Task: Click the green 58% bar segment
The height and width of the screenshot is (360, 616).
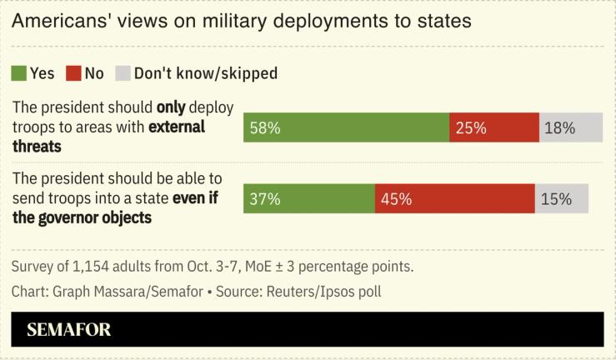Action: click(x=346, y=128)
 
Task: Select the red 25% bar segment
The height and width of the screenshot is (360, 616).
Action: click(x=494, y=128)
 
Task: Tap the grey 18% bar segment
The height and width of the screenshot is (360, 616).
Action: click(x=571, y=128)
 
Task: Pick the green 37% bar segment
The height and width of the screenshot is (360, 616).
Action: click(x=309, y=199)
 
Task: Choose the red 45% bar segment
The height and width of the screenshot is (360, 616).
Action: click(x=454, y=199)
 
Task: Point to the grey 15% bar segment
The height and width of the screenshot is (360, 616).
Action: click(x=562, y=199)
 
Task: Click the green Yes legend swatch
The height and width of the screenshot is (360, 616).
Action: click(x=18, y=73)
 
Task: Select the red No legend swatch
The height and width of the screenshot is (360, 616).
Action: click(x=73, y=73)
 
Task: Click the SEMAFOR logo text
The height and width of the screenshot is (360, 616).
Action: click(x=68, y=330)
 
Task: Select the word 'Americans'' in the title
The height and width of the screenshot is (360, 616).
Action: click(x=58, y=22)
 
